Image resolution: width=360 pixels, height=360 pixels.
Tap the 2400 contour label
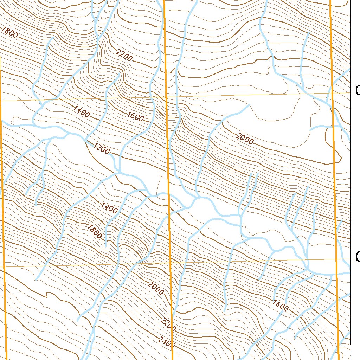coord(166,342)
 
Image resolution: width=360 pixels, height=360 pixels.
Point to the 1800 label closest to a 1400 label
coord(94,231)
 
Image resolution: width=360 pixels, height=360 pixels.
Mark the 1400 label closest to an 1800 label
coord(109,208)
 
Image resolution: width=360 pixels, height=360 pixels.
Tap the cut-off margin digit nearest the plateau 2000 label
coord(357,91)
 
